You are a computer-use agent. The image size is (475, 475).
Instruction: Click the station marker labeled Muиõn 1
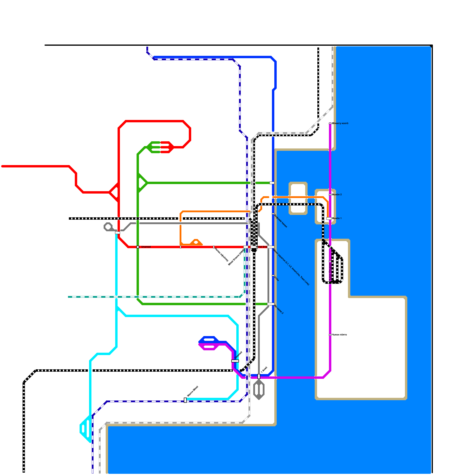coord(329,218)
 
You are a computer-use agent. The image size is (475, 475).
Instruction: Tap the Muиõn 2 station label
coord(337,195)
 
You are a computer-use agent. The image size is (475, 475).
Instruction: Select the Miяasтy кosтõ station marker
coord(330,123)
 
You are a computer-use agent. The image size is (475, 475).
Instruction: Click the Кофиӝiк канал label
coord(281,221)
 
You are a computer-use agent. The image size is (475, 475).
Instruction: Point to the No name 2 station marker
coord(271,304)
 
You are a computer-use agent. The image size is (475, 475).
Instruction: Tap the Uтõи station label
coord(276,278)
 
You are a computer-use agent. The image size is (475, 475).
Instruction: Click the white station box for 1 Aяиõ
coord(259,376)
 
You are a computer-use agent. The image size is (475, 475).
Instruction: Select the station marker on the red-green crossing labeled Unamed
coord(138,247)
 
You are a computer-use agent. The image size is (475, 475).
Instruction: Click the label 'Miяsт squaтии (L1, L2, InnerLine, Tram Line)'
coord(291,267)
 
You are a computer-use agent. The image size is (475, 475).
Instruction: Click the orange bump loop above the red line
coord(196,243)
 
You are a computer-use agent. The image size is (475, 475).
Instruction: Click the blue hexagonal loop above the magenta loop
coord(209,340)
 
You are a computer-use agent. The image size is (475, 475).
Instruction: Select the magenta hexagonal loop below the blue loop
coord(209,346)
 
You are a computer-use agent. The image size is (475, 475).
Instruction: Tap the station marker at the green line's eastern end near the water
coord(272,183)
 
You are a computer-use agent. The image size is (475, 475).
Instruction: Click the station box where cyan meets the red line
coord(118,233)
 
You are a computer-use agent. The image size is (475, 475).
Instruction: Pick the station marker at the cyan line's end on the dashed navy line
coord(185,400)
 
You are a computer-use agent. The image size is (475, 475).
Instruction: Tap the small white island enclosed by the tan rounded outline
coord(298,198)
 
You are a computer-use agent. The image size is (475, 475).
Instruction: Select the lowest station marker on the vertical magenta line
coord(330,335)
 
